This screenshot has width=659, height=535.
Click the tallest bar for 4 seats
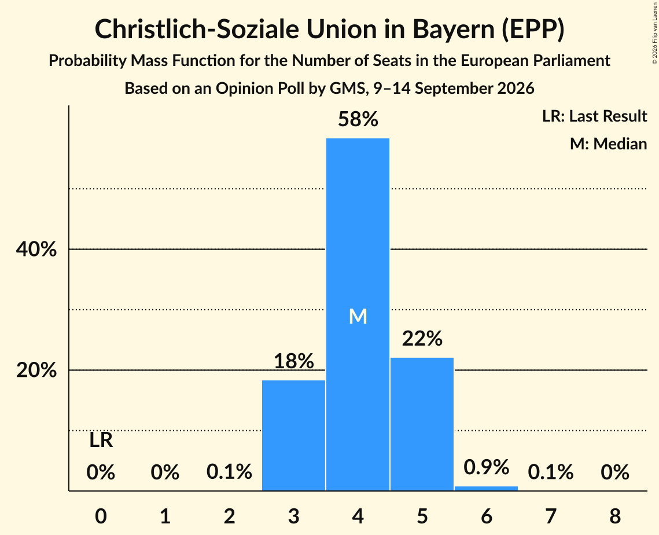coord(358,314)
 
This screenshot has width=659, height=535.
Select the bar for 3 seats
coord(293,435)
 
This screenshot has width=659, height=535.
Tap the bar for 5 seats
coord(422,424)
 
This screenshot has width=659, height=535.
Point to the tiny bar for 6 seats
coord(486,488)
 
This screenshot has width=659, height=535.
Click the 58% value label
coord(358,119)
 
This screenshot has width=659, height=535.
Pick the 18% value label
coord(294,361)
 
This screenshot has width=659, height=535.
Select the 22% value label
coord(422,338)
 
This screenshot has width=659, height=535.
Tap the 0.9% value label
coord(486,467)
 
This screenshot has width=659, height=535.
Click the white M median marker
coord(358,316)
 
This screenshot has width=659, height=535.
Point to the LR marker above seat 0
coord(101,441)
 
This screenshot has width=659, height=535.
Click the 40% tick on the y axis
coord(36,249)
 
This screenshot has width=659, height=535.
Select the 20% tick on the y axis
coord(36,370)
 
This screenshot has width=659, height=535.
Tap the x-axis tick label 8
coord(615,516)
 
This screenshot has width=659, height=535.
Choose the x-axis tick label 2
coord(229,516)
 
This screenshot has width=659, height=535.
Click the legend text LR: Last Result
coord(594,116)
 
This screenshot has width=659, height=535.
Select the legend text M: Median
coord(608,144)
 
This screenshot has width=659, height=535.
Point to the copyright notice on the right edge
coord(655,33)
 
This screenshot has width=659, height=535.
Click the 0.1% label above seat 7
coord(551,472)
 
